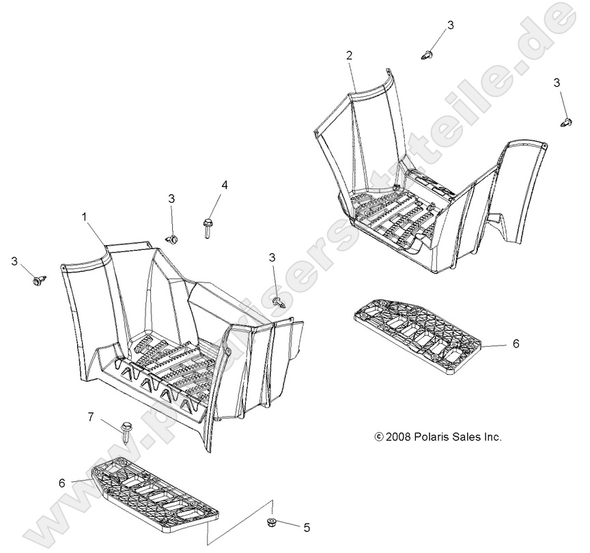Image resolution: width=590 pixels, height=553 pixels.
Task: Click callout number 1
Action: click(85, 216)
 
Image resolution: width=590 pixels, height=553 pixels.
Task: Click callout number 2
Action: click(349, 56)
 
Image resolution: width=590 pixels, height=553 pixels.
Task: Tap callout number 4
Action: click(224, 185)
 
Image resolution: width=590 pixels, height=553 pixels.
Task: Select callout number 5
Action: click(307, 528)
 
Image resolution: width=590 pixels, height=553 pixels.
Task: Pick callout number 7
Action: click(92, 417)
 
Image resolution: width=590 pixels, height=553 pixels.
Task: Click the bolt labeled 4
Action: click(208, 227)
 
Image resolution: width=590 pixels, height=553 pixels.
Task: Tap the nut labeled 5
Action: click(270, 522)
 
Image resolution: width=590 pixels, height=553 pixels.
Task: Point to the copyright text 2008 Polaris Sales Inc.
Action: click(438, 437)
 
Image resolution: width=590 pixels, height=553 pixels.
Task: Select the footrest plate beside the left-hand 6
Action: click(155, 490)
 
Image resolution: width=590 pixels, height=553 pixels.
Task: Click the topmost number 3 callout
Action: click(450, 25)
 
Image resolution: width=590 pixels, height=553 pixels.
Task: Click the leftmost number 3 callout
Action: click(14, 261)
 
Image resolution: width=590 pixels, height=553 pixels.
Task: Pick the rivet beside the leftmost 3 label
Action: click(40, 281)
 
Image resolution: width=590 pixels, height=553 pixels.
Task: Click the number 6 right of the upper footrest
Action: click(516, 344)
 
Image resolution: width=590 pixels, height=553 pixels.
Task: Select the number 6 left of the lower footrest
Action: click(62, 483)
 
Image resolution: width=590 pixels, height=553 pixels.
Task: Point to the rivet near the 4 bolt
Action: click(171, 238)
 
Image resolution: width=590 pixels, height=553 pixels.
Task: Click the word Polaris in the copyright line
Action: click(430, 437)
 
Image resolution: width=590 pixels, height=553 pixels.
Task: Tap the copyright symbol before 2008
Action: click(379, 437)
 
